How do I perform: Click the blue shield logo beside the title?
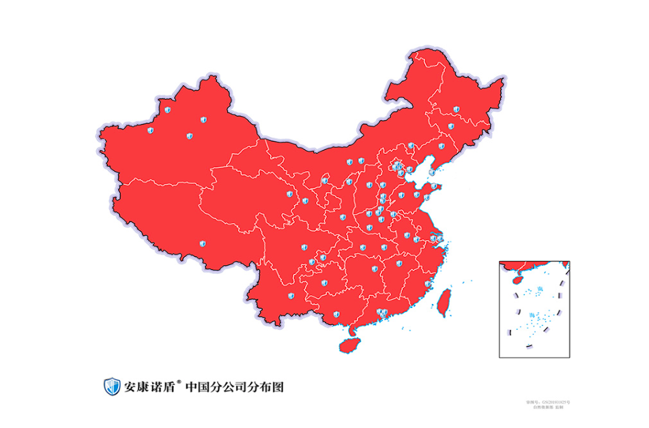point(112,386)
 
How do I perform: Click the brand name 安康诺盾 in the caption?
point(149,387)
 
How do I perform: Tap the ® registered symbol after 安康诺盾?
point(179,382)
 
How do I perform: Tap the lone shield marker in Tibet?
point(201,243)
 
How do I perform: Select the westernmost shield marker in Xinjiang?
point(151,130)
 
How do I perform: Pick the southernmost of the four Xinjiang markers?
point(190,136)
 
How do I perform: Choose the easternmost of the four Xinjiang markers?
point(203,120)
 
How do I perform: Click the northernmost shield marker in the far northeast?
point(455,109)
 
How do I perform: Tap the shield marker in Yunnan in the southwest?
point(291,296)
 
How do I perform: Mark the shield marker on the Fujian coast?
point(428,284)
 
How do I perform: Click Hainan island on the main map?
point(349,345)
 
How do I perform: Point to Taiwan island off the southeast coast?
point(444,302)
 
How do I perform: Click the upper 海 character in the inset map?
point(540,290)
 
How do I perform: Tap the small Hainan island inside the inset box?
point(517,279)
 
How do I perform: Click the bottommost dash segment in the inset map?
point(528,347)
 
